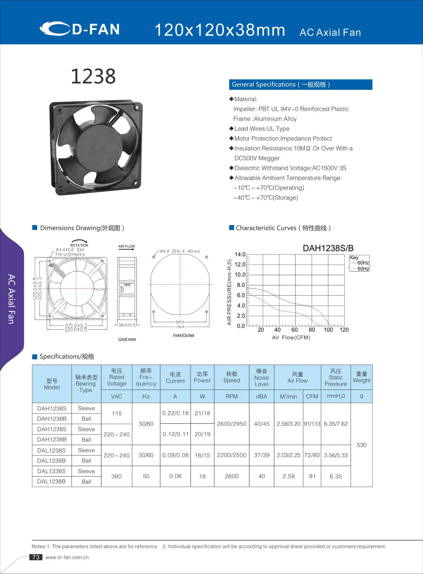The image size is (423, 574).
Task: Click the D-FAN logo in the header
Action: coord(80,29)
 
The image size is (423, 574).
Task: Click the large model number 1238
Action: coord(93,76)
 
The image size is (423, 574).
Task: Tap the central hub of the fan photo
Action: coord(99,148)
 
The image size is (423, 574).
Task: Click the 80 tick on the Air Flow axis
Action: coord(312,330)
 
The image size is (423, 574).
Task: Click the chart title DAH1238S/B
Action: coord(328,248)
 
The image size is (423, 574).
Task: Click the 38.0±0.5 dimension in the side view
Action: coord(127,325)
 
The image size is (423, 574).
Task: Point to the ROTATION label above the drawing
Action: coord(79,245)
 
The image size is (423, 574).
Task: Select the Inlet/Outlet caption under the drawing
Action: coord(183,335)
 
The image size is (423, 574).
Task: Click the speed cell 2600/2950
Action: coord(231,424)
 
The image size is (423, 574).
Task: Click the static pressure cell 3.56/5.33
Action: coord(336,455)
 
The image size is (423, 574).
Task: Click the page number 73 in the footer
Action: coord(36,557)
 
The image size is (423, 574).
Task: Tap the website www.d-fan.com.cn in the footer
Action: coord(67,557)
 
